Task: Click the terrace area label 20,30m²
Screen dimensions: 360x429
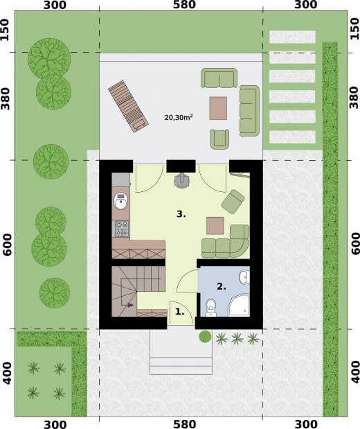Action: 179,117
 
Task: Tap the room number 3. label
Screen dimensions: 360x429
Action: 181,214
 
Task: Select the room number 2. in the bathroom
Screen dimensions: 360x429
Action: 222,286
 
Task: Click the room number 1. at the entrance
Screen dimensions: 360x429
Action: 179,311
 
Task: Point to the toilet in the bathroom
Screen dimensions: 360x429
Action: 210,308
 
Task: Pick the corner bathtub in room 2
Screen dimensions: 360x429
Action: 239,306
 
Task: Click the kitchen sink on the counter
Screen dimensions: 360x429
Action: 120,201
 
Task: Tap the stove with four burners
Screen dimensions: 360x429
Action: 122,229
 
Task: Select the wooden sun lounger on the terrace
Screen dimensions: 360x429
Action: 129,107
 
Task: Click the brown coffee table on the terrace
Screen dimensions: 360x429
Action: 218,108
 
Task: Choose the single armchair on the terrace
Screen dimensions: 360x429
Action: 219,139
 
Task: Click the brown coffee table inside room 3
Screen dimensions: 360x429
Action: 215,226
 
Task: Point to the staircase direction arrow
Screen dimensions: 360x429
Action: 128,305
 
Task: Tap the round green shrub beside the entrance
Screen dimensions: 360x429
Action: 205,337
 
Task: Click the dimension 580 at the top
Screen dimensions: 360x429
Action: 185,5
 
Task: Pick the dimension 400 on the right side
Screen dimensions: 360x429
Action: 354,372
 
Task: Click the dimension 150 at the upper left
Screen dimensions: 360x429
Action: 5,30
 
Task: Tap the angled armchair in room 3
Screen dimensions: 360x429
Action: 233,202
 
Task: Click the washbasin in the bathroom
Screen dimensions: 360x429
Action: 244,277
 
